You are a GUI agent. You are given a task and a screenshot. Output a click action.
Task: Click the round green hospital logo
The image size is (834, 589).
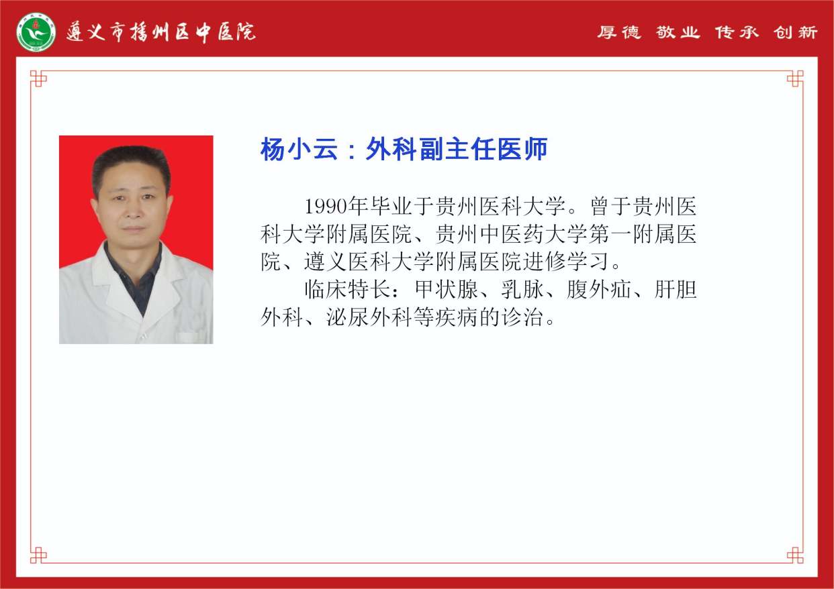(36, 32)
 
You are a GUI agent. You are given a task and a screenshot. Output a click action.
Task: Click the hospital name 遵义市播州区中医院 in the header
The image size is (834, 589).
(161, 32)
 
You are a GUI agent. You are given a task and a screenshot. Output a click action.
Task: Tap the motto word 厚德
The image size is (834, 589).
(619, 32)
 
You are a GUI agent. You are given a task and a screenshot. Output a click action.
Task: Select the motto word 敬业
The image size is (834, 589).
(678, 32)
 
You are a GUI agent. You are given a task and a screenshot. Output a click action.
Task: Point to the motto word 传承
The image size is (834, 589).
(736, 32)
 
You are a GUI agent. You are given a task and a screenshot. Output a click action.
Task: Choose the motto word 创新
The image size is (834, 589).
(795, 32)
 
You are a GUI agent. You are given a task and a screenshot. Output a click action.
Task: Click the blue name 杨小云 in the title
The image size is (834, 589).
(299, 149)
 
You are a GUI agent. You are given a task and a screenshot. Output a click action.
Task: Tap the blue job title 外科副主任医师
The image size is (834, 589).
(457, 149)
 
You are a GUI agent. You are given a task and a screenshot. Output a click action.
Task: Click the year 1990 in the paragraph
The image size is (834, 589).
(326, 207)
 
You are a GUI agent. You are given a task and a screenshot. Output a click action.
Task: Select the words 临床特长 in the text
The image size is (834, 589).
(347, 289)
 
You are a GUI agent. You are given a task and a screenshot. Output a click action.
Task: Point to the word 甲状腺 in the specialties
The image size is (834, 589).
(446, 289)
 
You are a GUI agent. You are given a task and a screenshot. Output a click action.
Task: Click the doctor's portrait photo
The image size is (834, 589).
(136, 239)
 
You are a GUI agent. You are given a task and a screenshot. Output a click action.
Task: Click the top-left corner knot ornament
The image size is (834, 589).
(38, 78)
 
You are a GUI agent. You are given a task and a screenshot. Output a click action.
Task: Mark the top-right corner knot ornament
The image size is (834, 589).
(795, 78)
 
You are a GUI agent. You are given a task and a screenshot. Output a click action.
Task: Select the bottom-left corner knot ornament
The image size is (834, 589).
(38, 555)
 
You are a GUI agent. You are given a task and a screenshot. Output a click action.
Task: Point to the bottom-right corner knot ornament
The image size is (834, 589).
(795, 555)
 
